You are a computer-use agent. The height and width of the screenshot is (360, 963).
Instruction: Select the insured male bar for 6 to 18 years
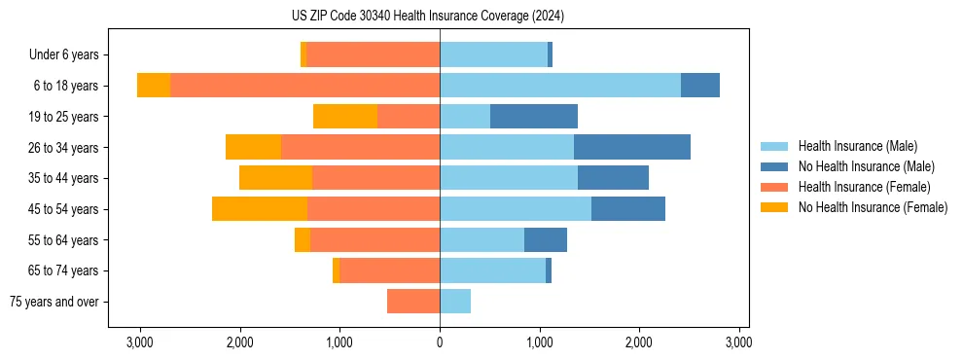[560, 86]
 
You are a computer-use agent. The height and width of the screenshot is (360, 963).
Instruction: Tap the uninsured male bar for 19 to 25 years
[534, 117]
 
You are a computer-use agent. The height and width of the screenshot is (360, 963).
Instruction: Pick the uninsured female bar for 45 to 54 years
[260, 209]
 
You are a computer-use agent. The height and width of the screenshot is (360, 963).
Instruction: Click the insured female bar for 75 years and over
[413, 302]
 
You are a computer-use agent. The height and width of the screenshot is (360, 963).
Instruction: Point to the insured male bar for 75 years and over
[455, 302]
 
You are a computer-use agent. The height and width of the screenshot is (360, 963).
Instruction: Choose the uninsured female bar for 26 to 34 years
[253, 147]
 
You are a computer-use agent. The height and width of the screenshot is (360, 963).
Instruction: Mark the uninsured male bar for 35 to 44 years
[613, 178]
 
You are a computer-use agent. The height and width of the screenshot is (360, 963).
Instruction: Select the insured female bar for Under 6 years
[373, 54]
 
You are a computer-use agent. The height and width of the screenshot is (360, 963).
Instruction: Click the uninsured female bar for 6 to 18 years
[154, 86]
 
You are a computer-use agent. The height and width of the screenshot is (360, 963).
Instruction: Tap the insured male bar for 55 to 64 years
[481, 239]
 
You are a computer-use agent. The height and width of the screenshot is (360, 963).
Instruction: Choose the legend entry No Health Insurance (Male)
[866, 166]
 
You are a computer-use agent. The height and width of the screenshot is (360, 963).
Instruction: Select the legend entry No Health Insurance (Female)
[873, 207]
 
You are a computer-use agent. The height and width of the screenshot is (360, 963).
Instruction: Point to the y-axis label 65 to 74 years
[64, 270]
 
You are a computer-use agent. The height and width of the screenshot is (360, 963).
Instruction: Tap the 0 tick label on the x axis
[440, 342]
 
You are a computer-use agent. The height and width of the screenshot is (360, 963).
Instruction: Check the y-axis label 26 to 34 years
[64, 147]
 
